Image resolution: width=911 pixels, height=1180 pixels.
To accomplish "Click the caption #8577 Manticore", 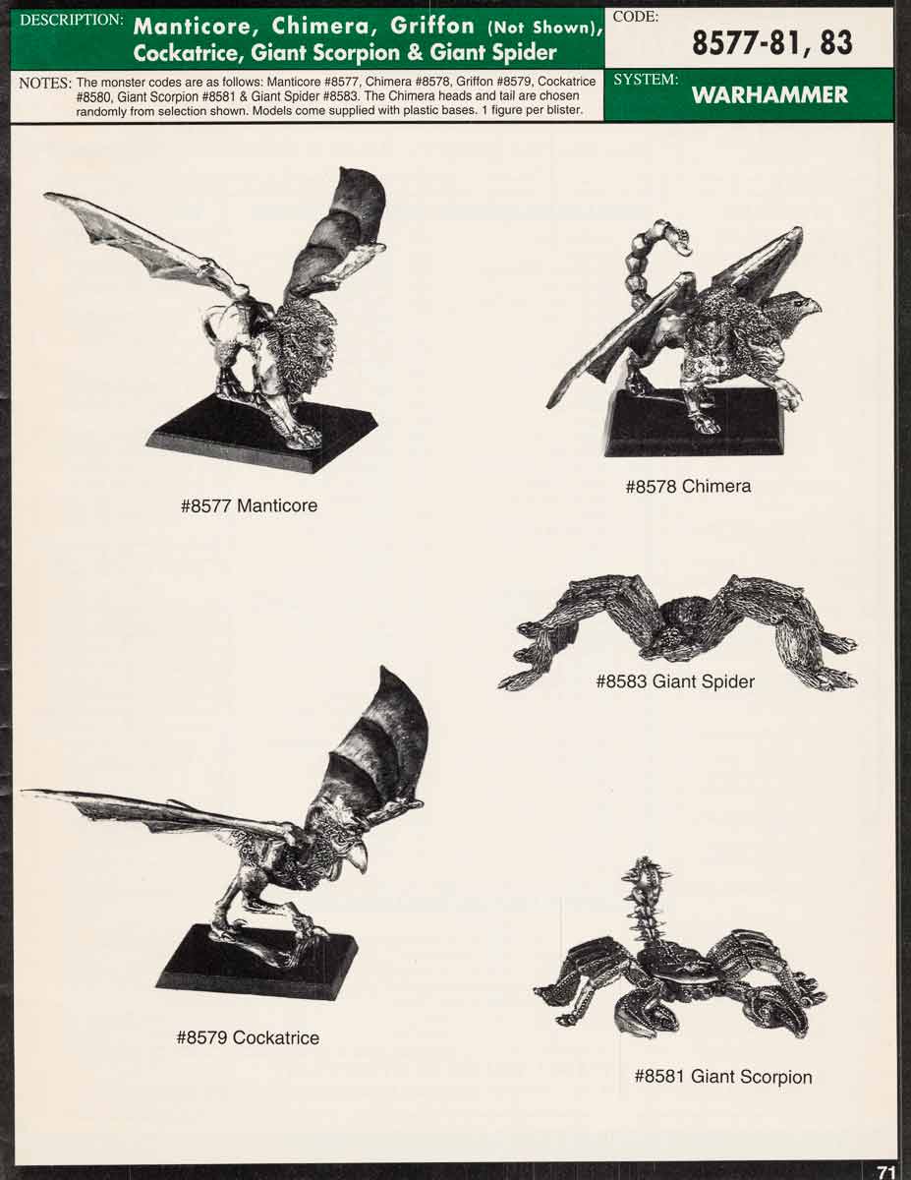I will point(249,506).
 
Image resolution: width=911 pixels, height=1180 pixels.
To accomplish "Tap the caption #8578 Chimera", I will point(688,486).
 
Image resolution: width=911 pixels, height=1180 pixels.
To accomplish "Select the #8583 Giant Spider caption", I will point(675,681).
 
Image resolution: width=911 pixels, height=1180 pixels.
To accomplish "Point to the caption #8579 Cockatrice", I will point(248,1037).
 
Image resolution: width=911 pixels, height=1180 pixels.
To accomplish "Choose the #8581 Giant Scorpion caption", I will point(722,1077).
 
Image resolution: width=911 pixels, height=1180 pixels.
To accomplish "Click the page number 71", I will point(885,1171).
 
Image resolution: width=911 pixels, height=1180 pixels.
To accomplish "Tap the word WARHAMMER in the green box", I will point(769,95).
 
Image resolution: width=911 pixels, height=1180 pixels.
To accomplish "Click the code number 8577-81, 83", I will point(771,42).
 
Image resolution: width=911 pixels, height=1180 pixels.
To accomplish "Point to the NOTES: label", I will point(45,83).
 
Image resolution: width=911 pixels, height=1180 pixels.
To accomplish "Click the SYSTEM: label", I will point(646,80).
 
